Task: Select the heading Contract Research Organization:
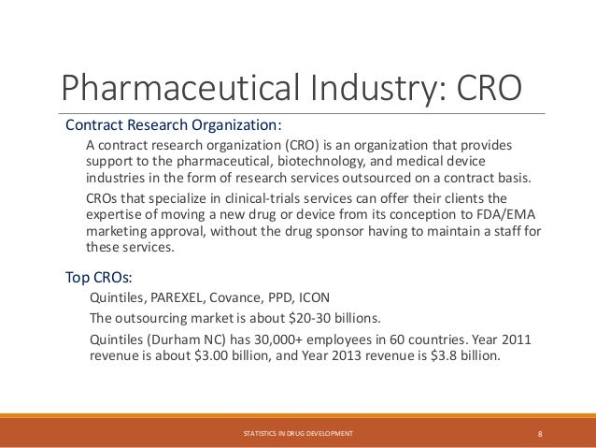tap(173, 125)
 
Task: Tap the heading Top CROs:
tap(98, 278)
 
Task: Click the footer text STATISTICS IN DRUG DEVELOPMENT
tap(297, 433)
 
